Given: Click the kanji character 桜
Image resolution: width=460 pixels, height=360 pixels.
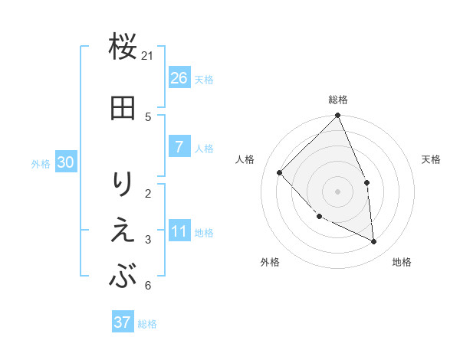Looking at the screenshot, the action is point(123,47).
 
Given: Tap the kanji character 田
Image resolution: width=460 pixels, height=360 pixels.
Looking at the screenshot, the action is point(123,108).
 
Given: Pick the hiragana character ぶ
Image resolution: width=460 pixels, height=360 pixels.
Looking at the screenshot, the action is point(123,277).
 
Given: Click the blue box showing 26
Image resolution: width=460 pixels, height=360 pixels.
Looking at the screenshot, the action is point(179,78).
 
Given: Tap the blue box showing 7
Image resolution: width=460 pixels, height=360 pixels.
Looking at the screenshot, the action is point(179,147).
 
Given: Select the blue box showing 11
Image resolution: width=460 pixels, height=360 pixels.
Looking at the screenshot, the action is point(179,232).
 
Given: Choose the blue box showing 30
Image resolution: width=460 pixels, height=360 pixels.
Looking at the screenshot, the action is point(65,162).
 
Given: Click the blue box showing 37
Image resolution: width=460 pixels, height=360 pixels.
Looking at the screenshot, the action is point(123,322).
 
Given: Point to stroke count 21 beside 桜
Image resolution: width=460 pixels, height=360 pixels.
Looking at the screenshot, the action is point(148,55).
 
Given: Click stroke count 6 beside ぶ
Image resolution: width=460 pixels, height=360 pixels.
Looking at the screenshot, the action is point(147,286).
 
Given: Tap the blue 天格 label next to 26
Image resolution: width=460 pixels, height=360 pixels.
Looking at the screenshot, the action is point(204,79).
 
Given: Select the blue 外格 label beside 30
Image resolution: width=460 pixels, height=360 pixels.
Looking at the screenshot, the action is point(41,163).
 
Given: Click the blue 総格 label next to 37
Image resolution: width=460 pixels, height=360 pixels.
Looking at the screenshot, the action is point(147,323).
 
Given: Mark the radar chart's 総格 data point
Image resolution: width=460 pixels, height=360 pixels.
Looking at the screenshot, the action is point(337,116).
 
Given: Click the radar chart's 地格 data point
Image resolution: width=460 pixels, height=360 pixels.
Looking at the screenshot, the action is point(373,241).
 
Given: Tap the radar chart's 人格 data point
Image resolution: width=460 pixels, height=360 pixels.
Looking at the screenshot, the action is point(280,173).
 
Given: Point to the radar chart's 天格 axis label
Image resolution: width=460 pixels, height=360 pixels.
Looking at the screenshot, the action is point(432,159).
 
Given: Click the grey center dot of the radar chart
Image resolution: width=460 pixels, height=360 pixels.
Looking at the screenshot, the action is point(337,191).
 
